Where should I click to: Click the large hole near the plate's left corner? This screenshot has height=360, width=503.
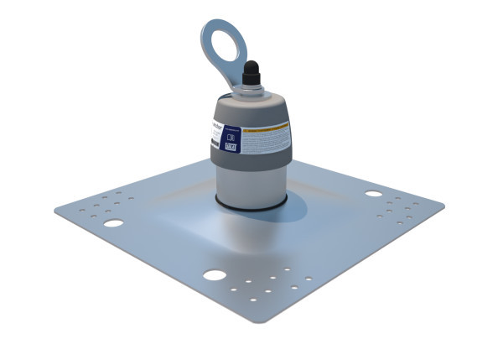113,223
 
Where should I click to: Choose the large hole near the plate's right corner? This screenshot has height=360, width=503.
373,194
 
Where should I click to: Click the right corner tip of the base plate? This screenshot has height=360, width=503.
443,203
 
